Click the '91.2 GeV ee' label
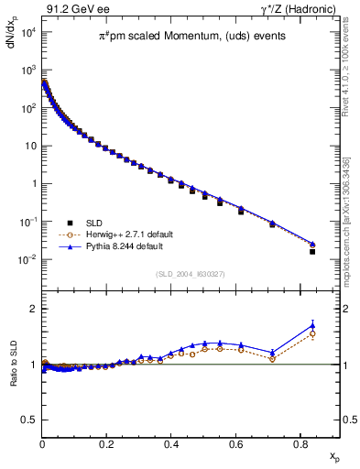(72, 8)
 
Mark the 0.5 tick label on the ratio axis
(28, 420)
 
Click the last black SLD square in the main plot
(312, 251)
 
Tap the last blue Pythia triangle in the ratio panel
(312, 325)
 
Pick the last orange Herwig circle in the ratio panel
(312, 333)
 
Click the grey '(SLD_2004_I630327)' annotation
(191, 274)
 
